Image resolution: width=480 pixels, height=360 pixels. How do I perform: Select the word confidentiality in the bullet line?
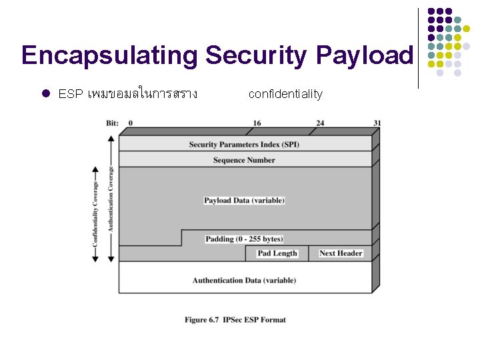[x=285, y=94]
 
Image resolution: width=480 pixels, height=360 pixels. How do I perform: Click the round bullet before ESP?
[x=46, y=94]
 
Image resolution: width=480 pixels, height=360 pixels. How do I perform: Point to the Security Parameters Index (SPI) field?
[x=244, y=145]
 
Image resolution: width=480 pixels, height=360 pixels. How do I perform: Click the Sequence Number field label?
[x=244, y=160]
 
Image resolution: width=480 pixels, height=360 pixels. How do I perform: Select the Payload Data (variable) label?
[x=244, y=200]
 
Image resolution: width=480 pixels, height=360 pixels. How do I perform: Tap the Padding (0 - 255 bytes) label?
[x=244, y=239]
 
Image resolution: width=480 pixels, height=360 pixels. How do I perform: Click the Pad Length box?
[x=277, y=253]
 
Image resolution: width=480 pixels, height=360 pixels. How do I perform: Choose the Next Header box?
[x=341, y=253]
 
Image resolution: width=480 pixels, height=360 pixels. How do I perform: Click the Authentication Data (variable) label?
[x=244, y=280]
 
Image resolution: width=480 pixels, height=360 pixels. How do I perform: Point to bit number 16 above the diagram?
[x=257, y=123]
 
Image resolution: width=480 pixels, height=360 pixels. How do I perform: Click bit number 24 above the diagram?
[x=320, y=123]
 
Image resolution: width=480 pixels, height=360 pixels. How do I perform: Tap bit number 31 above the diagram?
[x=377, y=123]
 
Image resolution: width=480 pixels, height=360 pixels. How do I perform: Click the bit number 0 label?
[x=130, y=123]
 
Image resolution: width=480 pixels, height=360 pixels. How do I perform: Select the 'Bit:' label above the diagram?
[x=113, y=123]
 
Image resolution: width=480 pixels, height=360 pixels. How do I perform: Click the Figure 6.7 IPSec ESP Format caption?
[x=235, y=320]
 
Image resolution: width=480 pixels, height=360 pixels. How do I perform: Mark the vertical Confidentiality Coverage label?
[x=95, y=213]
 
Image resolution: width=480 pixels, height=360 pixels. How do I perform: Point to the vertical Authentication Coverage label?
[x=111, y=197]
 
